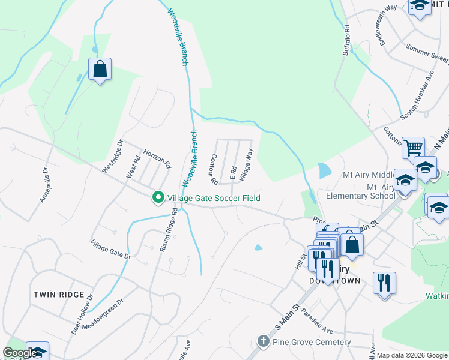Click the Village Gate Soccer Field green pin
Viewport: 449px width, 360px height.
158,197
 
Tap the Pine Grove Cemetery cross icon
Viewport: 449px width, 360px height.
263,342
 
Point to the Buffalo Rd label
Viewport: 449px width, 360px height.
346,40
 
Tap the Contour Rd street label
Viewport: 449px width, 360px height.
213,169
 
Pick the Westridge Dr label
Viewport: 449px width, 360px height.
112,157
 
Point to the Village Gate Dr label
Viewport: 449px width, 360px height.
110,249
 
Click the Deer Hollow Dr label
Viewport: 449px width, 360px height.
83,305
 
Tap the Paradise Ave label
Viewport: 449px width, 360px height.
318,322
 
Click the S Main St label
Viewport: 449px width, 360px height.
286,318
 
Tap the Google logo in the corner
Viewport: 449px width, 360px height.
20,353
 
